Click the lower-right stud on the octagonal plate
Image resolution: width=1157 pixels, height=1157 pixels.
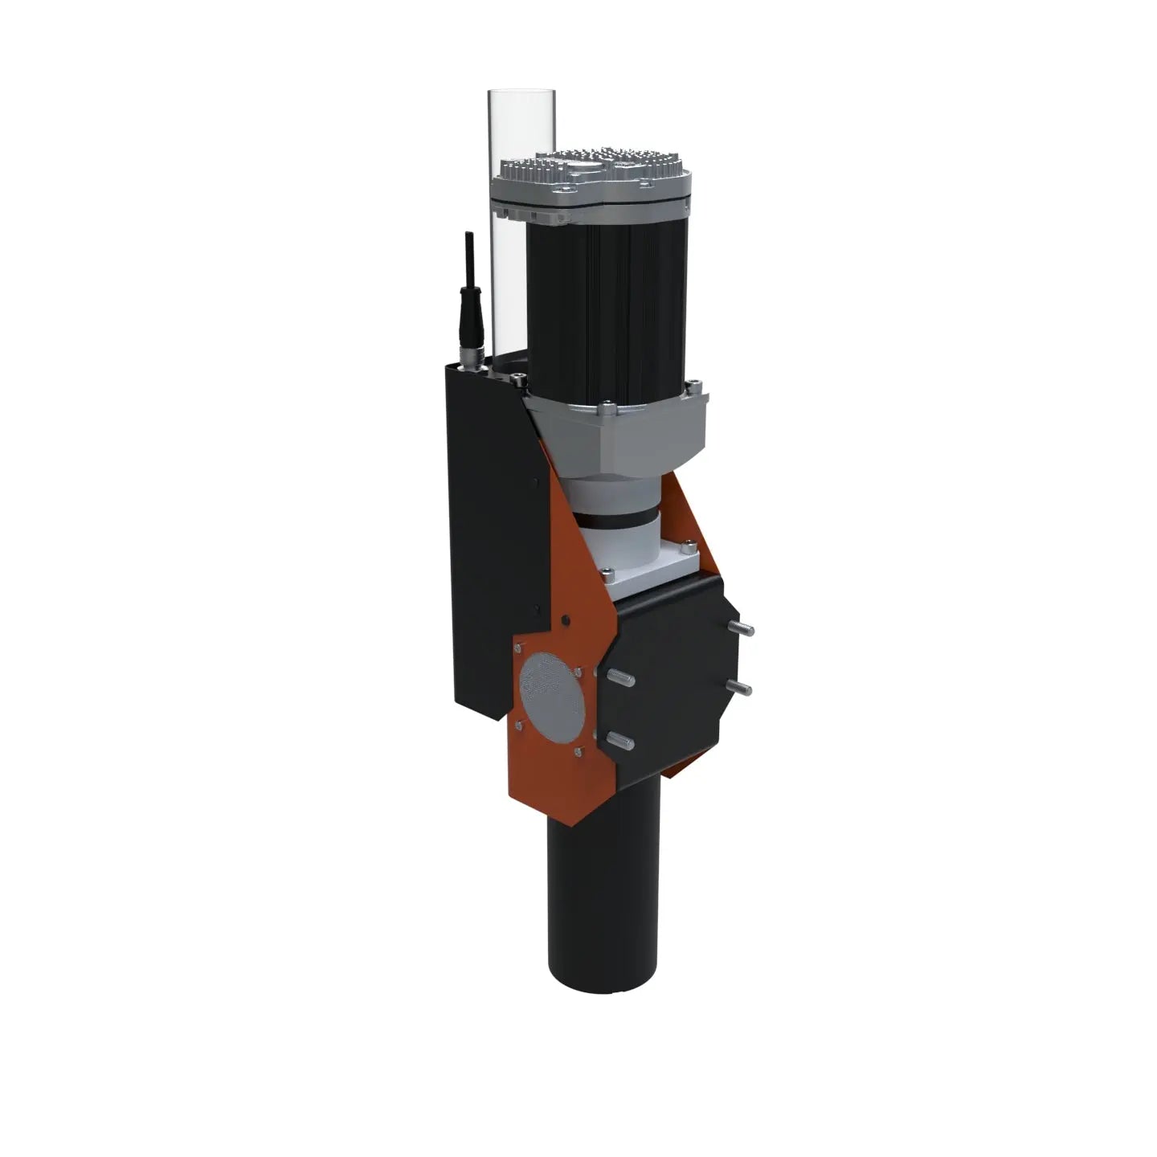[740, 686]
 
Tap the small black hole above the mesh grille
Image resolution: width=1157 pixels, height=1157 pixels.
[566, 621]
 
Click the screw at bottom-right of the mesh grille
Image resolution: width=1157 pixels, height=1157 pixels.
[578, 753]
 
